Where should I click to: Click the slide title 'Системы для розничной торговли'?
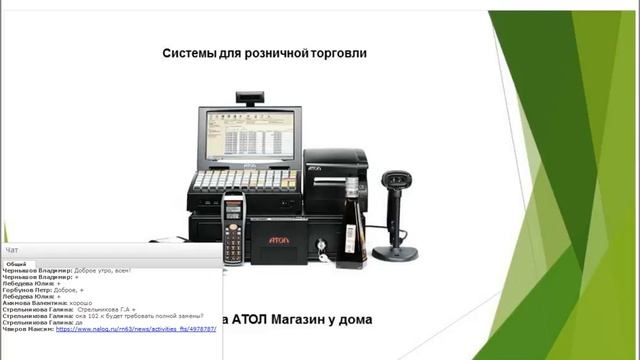264,52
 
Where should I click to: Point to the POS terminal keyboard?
246,181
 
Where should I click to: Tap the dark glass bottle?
351,224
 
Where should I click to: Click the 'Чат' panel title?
12,249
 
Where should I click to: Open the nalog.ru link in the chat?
135,329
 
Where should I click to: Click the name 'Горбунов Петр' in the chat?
26,290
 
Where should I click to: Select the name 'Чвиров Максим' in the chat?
27,329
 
